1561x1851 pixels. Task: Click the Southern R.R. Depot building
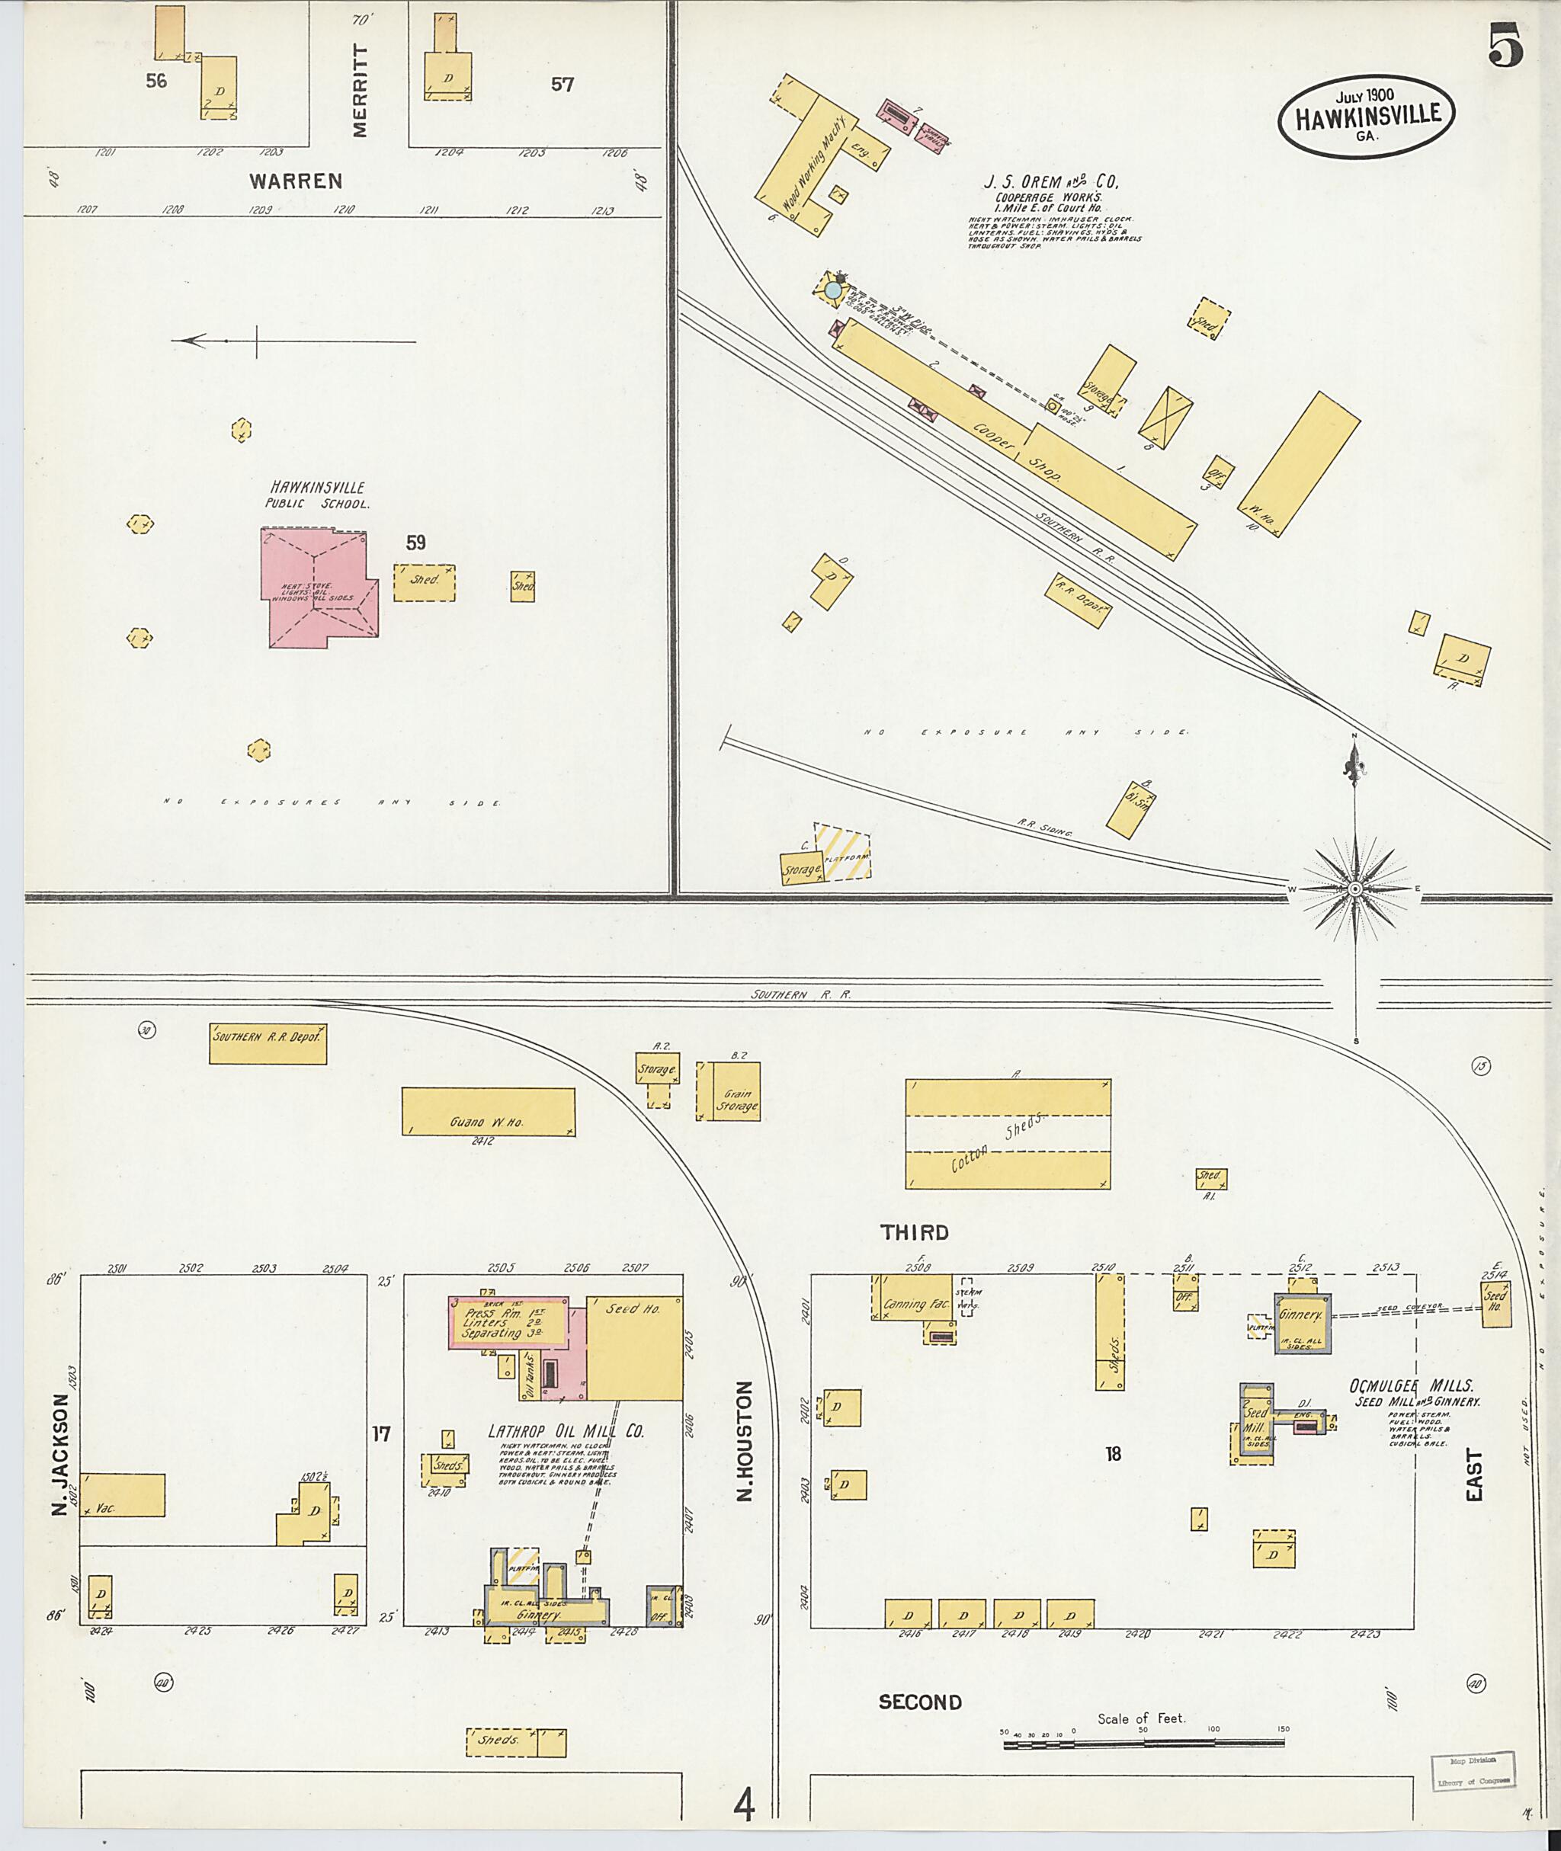click(x=268, y=1043)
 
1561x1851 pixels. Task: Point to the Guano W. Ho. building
click(x=488, y=1110)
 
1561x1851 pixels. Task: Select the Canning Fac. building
click(x=914, y=1297)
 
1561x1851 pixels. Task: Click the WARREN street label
click(x=295, y=181)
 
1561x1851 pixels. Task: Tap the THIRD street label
click(x=913, y=1231)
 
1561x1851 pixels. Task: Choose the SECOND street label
click(x=919, y=1702)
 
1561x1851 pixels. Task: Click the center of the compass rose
click(x=1354, y=888)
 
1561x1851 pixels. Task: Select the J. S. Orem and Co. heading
click(x=1051, y=181)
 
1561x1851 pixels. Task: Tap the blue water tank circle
click(x=832, y=290)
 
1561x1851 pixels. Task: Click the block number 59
click(x=415, y=542)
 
